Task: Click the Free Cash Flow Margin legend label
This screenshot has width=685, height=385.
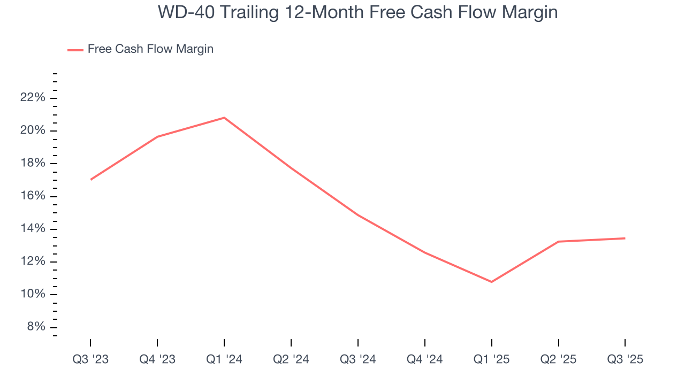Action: point(150,49)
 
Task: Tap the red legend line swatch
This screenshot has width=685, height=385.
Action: point(75,50)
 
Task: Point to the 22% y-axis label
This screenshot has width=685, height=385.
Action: point(32,98)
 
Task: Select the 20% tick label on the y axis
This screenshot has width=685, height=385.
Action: point(32,131)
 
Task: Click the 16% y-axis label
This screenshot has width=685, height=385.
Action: point(32,196)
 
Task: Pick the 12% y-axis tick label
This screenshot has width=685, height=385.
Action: point(32,262)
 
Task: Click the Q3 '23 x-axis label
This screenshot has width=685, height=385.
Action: point(90,359)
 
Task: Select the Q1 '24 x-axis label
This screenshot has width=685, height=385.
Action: point(224,359)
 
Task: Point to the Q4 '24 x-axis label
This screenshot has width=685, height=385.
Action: point(425,359)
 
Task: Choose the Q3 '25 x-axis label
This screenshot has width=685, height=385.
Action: point(625,359)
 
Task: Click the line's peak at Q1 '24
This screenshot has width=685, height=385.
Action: point(224,118)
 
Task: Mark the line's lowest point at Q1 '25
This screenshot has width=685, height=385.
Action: point(491,282)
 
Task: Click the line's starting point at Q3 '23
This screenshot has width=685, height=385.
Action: point(91,179)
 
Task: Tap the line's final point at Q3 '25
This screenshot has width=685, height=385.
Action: point(625,238)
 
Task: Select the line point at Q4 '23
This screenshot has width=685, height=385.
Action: point(157,137)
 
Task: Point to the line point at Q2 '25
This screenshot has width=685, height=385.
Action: point(558,242)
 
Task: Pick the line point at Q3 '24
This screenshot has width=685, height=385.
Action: point(357,215)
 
